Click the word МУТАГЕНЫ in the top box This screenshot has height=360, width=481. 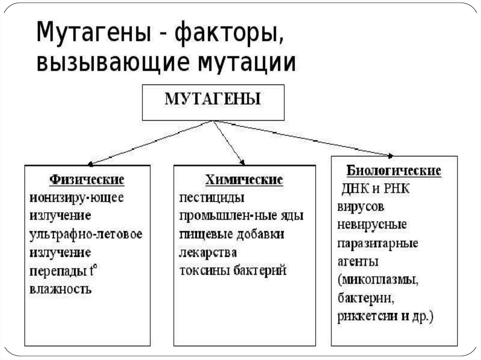point(213,100)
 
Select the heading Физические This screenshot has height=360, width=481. point(87,180)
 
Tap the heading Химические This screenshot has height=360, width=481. point(244,180)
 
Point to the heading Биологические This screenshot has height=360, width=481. point(394,170)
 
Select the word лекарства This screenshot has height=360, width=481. point(207,252)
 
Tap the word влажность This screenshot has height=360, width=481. point(60,289)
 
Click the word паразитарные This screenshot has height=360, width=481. point(378,244)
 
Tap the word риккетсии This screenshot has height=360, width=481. point(362,316)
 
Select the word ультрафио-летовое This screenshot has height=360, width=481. point(85,234)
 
